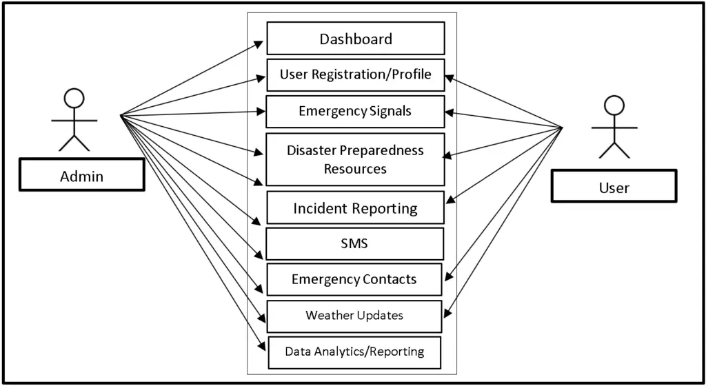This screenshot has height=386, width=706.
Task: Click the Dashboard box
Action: click(x=355, y=39)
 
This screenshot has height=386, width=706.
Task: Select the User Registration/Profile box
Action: click(x=355, y=74)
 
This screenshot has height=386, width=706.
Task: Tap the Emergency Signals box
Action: click(x=355, y=112)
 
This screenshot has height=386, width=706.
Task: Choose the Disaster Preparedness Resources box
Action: click(x=355, y=159)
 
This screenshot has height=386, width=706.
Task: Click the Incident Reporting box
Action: click(x=355, y=208)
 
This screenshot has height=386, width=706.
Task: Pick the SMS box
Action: click(x=355, y=243)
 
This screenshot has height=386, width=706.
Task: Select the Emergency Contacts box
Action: click(x=355, y=279)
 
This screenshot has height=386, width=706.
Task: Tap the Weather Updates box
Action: click(x=355, y=316)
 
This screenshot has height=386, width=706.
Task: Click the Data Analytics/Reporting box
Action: click(x=355, y=352)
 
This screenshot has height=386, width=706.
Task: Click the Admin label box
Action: click(x=81, y=176)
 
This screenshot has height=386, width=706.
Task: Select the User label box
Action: click(x=614, y=187)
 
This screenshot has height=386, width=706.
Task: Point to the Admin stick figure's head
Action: click(x=74, y=98)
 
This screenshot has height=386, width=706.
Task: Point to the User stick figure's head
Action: click(x=614, y=105)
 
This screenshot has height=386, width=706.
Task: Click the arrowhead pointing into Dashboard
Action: click(x=259, y=43)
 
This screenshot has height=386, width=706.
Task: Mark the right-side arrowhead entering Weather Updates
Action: click(x=447, y=314)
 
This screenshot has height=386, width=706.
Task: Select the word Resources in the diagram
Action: click(x=355, y=168)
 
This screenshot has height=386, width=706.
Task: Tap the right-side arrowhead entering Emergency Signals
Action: click(x=450, y=112)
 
